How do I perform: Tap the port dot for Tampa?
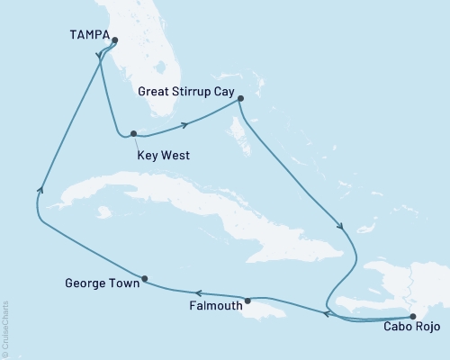click(x=114, y=39)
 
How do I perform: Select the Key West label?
click(x=163, y=155)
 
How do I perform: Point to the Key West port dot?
click(x=133, y=135)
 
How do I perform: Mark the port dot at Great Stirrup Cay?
click(x=239, y=101)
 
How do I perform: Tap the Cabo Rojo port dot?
click(x=413, y=315)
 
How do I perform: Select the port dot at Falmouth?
click(x=247, y=300)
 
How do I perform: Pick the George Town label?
click(x=103, y=283)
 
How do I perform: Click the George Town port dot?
click(x=145, y=278)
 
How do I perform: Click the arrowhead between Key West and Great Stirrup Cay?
click(x=185, y=125)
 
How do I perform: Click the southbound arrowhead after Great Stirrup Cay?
click(x=340, y=227)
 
